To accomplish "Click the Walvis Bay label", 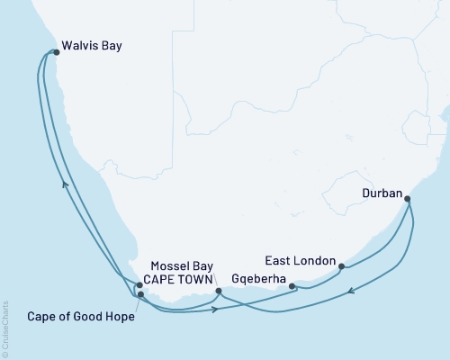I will click(92, 44).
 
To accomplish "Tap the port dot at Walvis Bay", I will click(56, 52).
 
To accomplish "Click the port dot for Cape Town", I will click(139, 285).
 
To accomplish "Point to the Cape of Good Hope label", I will click(75, 316).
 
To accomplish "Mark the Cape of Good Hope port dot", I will click(140, 294).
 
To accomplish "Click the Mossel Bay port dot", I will click(219, 291).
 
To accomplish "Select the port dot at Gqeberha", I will click(292, 285).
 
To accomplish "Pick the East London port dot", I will click(341, 265).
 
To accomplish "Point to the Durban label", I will click(381, 192).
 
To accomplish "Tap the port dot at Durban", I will click(407, 199).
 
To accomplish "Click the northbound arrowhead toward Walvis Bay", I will click(63, 183).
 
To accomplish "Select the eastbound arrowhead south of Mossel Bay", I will click(216, 310).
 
